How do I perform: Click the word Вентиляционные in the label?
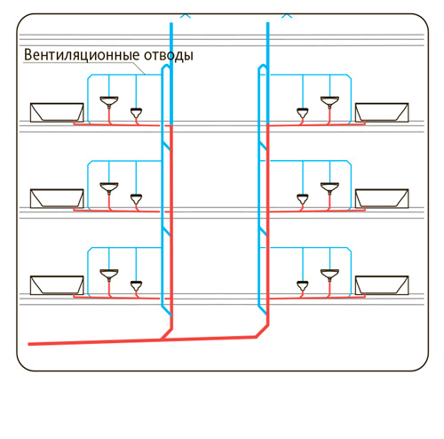pyautogui.click(x=82, y=55)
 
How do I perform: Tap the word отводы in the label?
pyautogui.click(x=169, y=56)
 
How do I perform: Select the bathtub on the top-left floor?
pyautogui.click(x=57, y=113)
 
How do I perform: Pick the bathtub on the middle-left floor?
pyautogui.click(x=57, y=198)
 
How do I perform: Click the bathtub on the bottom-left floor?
pyautogui.click(x=57, y=285)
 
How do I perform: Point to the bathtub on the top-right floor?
pyautogui.click(x=382, y=113)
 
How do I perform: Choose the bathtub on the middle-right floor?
pyautogui.click(x=382, y=198)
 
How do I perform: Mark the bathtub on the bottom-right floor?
pyautogui.click(x=382, y=285)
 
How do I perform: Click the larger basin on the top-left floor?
pyautogui.click(x=109, y=101)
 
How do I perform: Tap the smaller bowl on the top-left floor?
pyautogui.click(x=136, y=113)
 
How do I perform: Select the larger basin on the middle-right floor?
pyautogui.click(x=329, y=188)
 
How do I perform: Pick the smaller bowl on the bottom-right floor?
pyautogui.click(x=303, y=286)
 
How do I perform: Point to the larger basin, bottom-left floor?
pyautogui.click(x=109, y=275)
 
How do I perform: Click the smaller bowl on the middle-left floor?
pyautogui.click(x=136, y=199)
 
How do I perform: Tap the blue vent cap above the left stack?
pyautogui.click(x=186, y=15)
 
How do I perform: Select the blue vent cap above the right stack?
pyautogui.click(x=287, y=15)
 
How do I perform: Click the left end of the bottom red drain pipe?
pyautogui.click(x=29, y=344)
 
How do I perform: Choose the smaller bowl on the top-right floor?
pyautogui.click(x=303, y=113)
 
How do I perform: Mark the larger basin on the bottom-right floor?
pyautogui.click(x=329, y=275)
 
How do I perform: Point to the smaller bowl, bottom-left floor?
pyautogui.click(x=136, y=286)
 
